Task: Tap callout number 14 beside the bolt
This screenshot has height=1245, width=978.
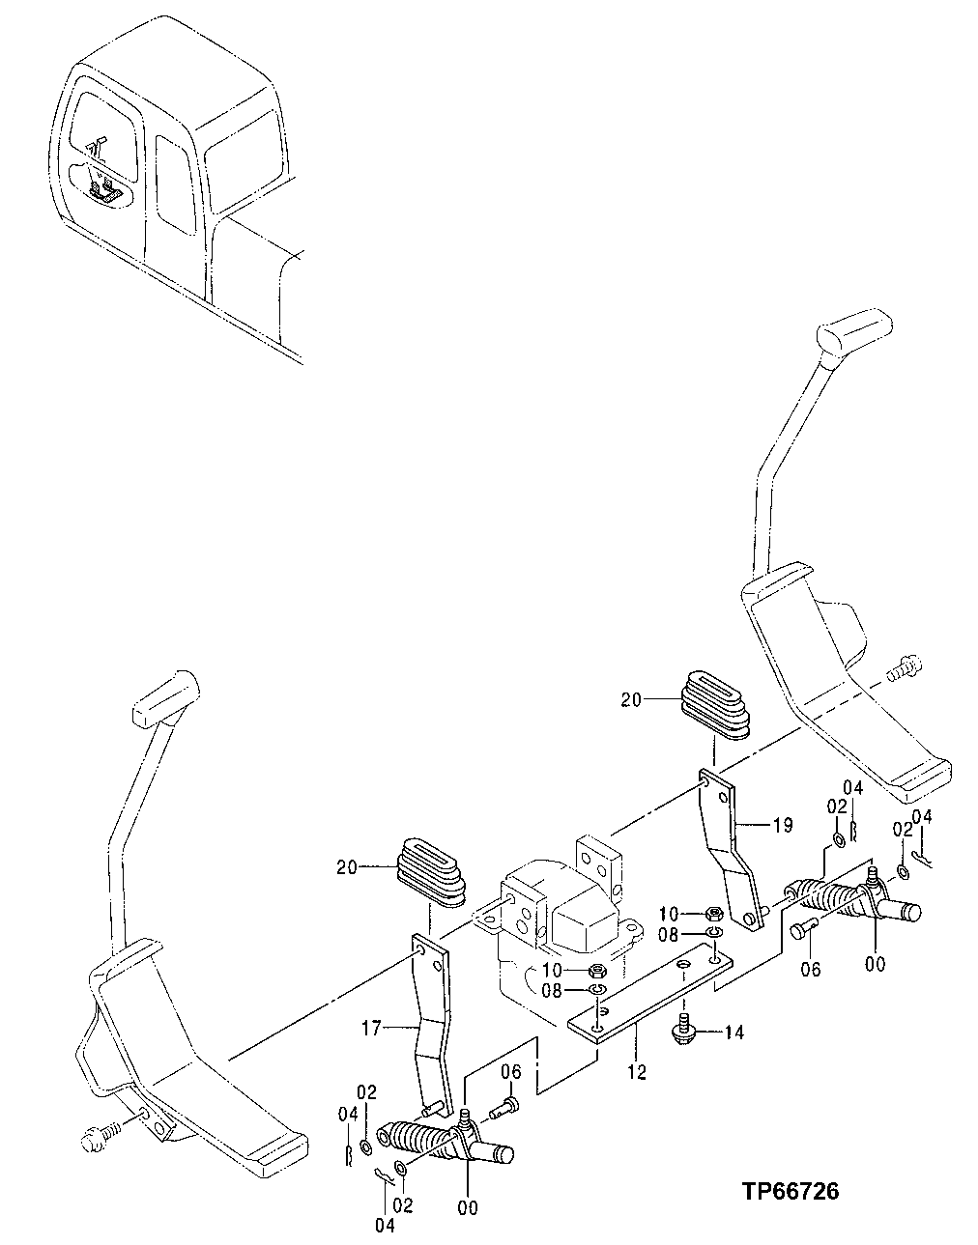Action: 734,1033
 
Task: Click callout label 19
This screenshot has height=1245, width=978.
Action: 782,825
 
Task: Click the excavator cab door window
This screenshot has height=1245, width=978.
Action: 180,184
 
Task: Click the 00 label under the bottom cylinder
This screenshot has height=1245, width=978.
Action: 468,1207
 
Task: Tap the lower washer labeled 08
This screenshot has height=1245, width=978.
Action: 598,991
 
